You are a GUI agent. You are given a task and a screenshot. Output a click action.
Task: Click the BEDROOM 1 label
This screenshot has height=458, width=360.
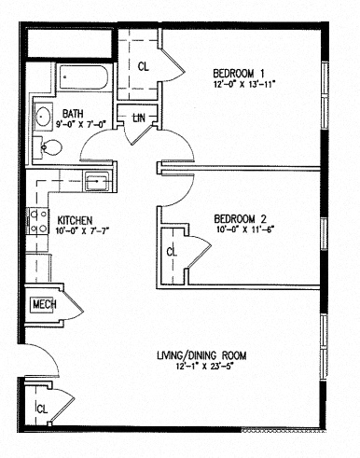(239, 73)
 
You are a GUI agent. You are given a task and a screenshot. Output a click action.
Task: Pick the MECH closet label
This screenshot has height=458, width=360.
(45, 304)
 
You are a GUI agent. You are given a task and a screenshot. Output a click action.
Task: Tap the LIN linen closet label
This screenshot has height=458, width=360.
(139, 118)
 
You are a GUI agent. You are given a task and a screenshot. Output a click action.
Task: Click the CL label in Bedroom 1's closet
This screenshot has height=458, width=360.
(143, 66)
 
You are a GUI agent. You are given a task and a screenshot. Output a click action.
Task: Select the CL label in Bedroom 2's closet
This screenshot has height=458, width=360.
(171, 251)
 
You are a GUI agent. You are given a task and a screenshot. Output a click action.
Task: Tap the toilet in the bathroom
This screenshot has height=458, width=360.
(53, 146)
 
